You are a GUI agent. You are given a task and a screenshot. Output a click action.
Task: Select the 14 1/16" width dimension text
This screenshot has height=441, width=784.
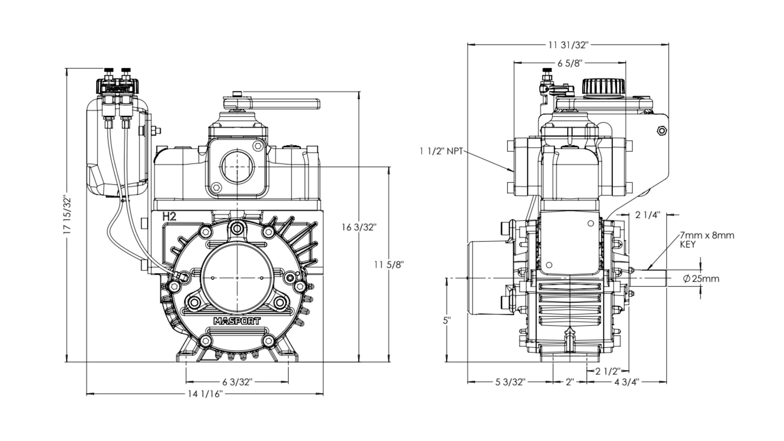(205, 394)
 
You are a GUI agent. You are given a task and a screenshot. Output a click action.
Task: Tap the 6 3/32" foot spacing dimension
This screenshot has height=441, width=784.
(237, 382)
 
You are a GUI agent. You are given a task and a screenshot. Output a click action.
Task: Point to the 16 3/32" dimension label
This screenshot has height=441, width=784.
(359, 227)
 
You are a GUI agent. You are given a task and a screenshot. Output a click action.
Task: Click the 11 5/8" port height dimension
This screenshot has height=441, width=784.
(389, 264)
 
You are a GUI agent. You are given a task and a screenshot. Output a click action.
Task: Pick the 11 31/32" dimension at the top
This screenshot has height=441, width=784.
(568, 45)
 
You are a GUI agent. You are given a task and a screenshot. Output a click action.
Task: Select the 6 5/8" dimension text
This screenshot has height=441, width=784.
(569, 63)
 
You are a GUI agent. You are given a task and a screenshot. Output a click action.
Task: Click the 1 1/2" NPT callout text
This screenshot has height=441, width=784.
(441, 151)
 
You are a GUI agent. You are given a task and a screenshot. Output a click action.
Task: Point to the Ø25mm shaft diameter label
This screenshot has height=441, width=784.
(701, 279)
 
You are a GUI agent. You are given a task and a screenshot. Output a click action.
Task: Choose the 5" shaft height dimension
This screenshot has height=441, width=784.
(447, 321)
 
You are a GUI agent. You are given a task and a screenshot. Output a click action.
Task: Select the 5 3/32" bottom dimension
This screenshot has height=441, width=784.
(510, 382)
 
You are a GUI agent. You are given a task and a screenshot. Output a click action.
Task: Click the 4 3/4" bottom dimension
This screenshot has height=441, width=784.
(627, 382)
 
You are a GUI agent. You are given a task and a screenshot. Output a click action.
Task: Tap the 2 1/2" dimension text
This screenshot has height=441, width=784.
(608, 371)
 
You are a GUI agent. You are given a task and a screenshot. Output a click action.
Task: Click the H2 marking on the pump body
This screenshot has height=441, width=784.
(169, 217)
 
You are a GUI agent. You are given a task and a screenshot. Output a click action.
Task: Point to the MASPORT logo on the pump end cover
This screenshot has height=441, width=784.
(237, 321)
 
